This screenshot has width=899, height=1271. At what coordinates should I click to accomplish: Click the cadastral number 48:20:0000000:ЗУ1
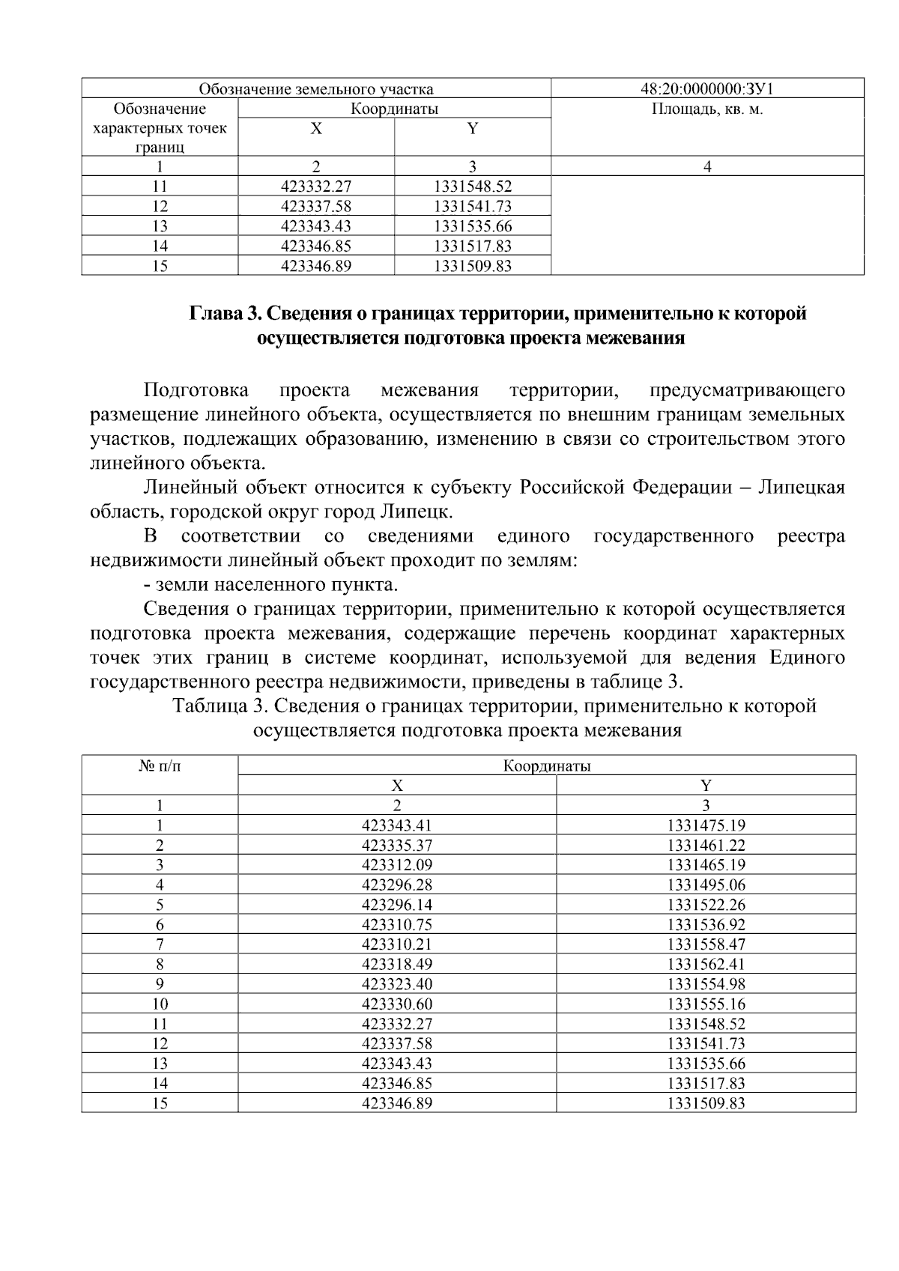tap(707, 90)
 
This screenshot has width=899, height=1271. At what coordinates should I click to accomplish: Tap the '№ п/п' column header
tap(160, 767)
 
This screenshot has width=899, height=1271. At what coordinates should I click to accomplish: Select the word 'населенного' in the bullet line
tap(257, 585)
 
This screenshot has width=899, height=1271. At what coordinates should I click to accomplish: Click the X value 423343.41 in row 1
tap(397, 826)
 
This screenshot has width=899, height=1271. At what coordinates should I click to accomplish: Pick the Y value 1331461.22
tap(706, 846)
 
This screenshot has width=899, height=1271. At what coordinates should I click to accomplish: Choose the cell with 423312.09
tap(397, 866)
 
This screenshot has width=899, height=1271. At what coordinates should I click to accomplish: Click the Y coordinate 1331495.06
tap(706, 885)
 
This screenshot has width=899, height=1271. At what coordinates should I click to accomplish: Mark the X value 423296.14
tap(397, 906)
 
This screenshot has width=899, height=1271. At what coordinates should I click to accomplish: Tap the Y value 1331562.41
tap(706, 965)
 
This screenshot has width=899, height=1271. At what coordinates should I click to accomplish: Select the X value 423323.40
tap(397, 984)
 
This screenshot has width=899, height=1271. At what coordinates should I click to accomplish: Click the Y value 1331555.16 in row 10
tap(706, 1004)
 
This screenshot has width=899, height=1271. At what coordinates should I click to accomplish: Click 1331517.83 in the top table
tap(472, 246)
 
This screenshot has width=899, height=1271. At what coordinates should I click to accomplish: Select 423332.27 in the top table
tap(315, 186)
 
